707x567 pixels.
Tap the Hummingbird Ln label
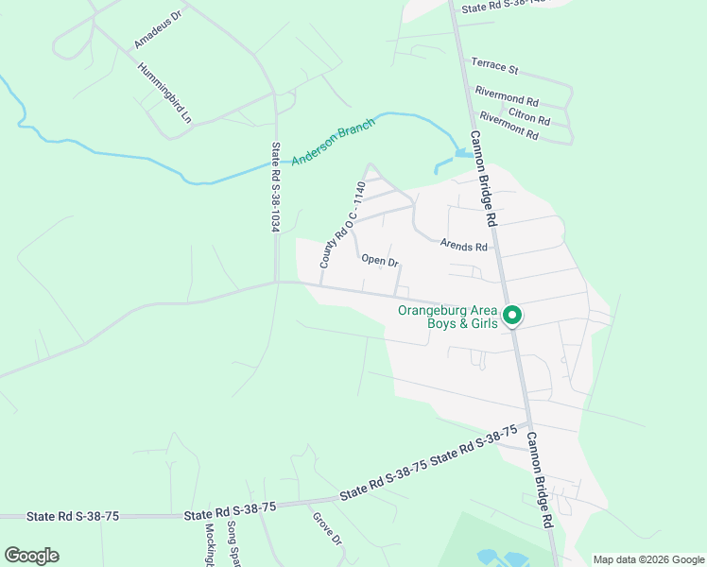tap(164, 94)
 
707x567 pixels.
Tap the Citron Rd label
tap(529, 115)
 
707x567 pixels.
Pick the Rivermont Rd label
tap(509, 126)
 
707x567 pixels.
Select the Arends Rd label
tap(463, 245)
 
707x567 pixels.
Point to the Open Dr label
tap(380, 260)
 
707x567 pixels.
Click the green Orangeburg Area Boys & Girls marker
tap(512, 316)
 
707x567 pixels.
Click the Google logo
tap(31, 556)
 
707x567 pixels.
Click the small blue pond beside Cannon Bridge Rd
tap(463, 152)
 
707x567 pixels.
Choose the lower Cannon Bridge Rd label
tap(538, 479)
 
